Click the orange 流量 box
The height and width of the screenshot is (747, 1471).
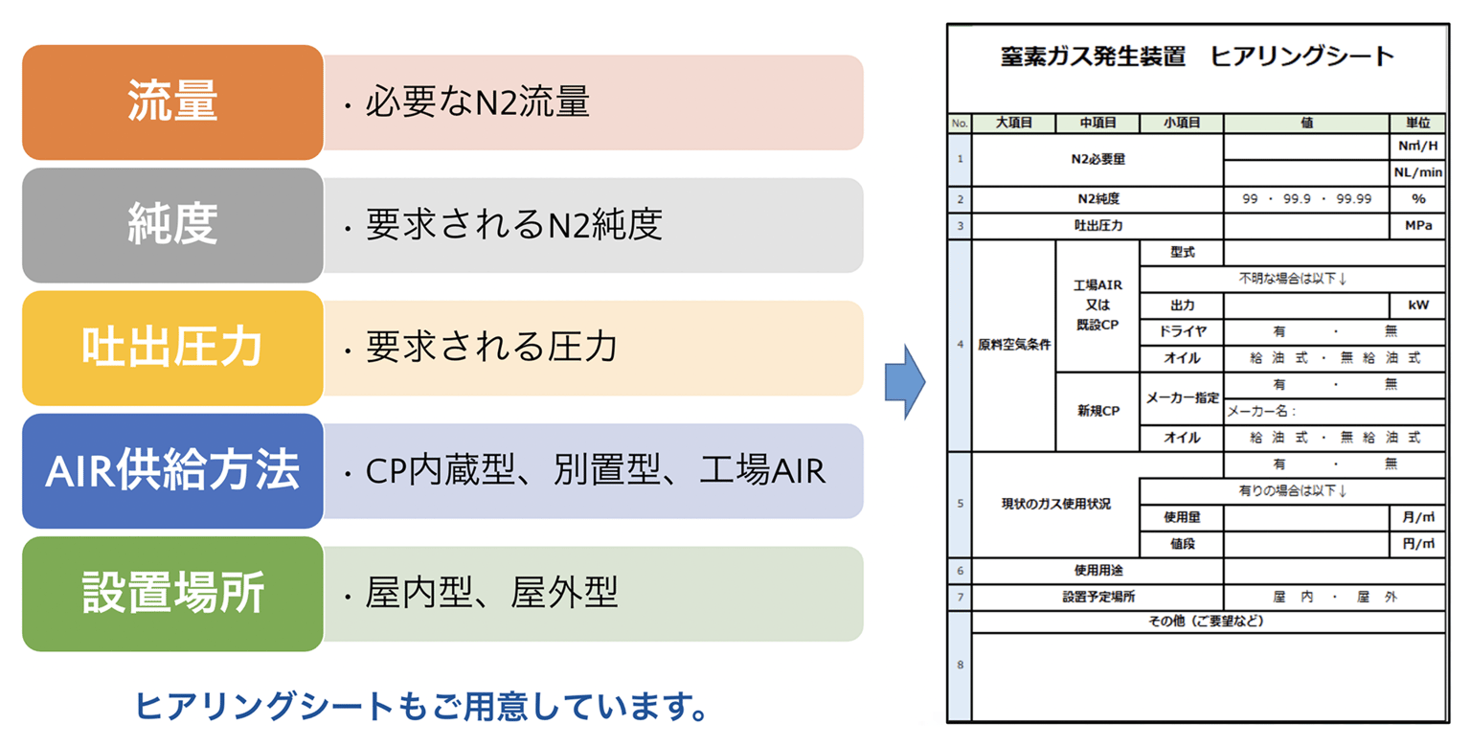[172, 102]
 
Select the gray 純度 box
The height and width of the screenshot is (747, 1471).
[172, 225]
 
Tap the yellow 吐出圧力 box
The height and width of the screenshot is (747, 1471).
[172, 348]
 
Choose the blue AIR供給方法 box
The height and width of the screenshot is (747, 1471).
[172, 470]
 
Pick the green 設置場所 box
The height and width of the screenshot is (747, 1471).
[172, 594]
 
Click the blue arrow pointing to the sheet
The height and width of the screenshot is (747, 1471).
[905, 382]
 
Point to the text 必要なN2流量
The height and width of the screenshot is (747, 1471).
[478, 102]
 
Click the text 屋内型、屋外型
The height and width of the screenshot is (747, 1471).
[491, 593]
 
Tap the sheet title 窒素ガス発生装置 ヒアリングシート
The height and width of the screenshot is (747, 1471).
[1196, 57]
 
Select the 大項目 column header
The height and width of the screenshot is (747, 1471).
[1014, 123]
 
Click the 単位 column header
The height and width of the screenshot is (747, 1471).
[1417, 123]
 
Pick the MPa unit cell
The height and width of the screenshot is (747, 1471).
[1417, 226]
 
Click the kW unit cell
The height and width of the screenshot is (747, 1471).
[1417, 306]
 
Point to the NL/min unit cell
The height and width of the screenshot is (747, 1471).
[1417, 172]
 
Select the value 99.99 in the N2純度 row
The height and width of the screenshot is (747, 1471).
[1353, 199]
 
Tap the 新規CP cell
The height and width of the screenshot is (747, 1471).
[1098, 411]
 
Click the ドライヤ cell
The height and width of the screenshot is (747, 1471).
[1182, 331]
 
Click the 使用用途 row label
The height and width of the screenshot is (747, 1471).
[1098, 571]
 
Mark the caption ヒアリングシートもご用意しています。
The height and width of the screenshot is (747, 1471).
[421, 707]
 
